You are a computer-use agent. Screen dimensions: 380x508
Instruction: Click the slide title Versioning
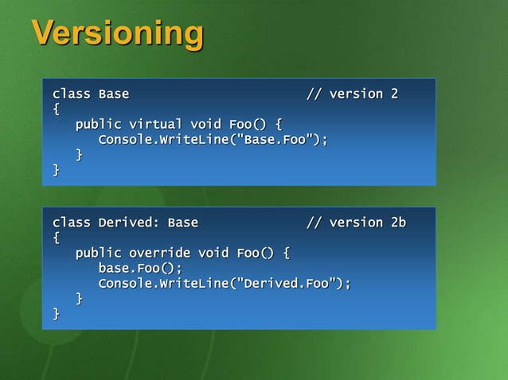coord(117,33)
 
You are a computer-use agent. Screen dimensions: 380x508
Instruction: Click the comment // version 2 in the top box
coord(352,94)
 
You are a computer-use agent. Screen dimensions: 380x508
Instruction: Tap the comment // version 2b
coord(356,223)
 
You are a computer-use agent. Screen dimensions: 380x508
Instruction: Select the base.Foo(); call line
coord(139,269)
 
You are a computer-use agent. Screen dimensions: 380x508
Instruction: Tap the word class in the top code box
coord(71,94)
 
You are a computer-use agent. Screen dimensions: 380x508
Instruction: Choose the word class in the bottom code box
coord(71,223)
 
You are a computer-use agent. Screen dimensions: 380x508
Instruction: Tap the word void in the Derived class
coord(213,254)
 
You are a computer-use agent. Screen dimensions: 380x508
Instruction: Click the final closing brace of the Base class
coord(56,170)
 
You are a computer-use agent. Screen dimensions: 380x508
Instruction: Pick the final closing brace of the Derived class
coord(56,314)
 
